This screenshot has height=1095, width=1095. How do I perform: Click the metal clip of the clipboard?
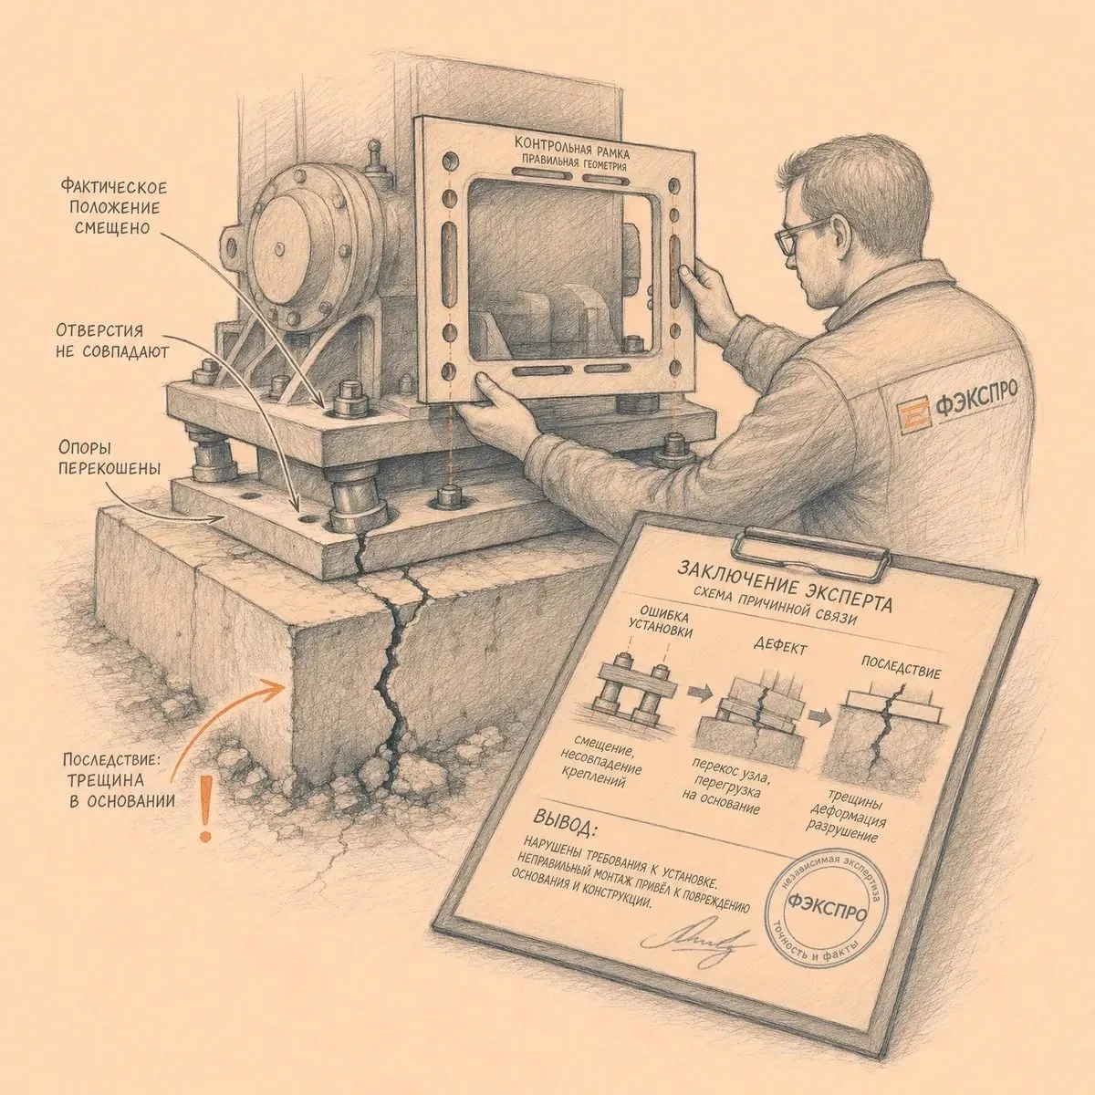(811, 547)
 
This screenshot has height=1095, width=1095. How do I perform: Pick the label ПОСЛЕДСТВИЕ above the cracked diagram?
(902, 668)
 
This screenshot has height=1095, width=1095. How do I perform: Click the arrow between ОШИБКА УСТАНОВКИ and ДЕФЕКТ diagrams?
(698, 693)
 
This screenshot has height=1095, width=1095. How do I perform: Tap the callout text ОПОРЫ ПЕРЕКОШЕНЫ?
(109, 459)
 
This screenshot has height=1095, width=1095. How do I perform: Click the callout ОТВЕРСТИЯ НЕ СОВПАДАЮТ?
(112, 341)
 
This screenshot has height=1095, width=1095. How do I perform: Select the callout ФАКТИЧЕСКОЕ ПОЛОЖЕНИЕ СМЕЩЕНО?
(113, 207)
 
